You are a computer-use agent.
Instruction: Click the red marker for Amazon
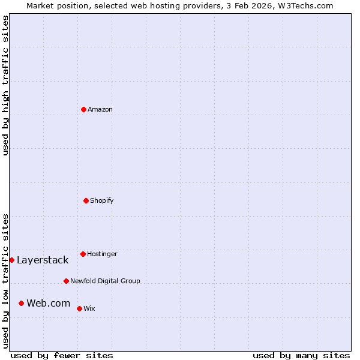coord(84,109)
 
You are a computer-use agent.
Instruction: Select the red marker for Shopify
coord(86,200)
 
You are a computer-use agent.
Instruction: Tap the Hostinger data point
coord(83,254)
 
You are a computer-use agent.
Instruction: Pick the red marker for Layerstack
coord(11,260)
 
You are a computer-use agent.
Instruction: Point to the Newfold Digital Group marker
coord(66,281)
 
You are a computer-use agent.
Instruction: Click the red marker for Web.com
coord(21,303)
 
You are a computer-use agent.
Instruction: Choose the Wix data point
coord(79,308)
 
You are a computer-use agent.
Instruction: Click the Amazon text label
coord(100,109)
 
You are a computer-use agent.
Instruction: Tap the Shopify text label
coord(102,200)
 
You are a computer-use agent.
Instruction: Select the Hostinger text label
coord(102,254)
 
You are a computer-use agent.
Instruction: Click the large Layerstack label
coord(43,260)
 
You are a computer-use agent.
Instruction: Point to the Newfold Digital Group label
coord(105,281)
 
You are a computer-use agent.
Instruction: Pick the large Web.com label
coord(49,303)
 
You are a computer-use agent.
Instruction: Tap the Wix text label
coord(89,308)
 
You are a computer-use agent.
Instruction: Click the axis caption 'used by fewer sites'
coord(62,355)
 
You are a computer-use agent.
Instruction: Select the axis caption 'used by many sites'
coord(301,355)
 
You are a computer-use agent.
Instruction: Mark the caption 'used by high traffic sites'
coord(5,85)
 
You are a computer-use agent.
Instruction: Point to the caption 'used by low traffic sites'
coord(5,280)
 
